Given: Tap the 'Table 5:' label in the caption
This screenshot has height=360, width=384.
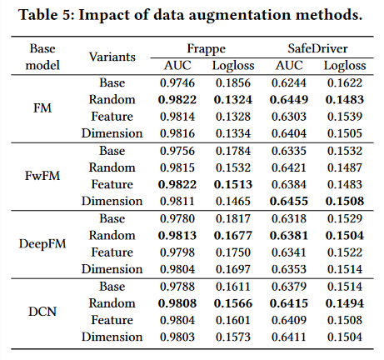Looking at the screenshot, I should coord(47,14).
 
